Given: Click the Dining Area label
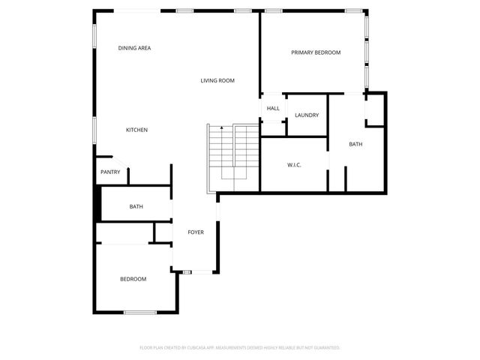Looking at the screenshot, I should coord(135,48).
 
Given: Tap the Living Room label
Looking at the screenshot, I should coord(217,80).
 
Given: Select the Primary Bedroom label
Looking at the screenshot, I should coord(316,52).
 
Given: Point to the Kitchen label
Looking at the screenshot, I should coord(136,130).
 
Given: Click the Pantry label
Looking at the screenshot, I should coord(110,172).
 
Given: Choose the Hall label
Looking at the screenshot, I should coord(273,108).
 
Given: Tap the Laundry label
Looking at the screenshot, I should coord(307,115).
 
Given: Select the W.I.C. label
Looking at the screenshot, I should coord(294,164).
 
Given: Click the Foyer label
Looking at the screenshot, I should coord(196,232).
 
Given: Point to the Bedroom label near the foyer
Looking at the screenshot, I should coord(133,279).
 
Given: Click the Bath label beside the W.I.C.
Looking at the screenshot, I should coord(355,143).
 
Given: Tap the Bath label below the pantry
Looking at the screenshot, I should coord(136,206).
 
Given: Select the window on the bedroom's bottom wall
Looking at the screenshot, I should coord(140,312).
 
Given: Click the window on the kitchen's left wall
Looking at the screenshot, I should coord(94,128).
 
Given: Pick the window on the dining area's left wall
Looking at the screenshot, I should coord(94,34).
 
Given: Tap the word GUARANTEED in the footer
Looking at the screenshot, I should coord(325,348).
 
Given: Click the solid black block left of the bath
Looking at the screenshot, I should coord(96,202).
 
